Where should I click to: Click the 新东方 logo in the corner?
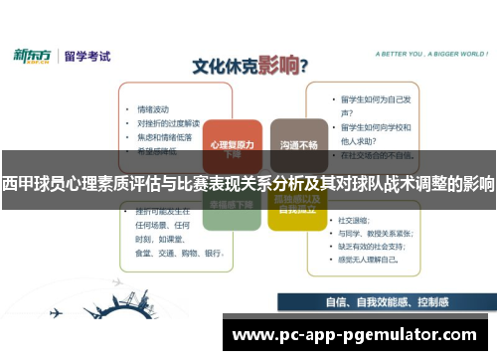32,55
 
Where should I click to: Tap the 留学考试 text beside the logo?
85,56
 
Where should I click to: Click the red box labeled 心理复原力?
233,143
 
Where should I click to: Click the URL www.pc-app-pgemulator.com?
354,335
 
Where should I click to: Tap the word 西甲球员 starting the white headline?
31,183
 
